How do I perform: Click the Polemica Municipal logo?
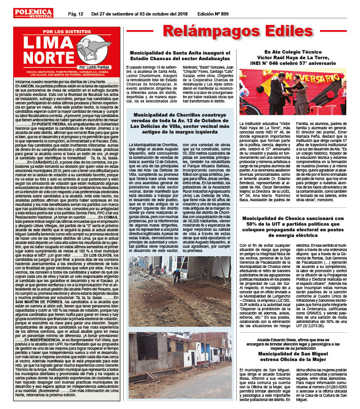[x=40, y=13]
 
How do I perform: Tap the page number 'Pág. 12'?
[x=75, y=14]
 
